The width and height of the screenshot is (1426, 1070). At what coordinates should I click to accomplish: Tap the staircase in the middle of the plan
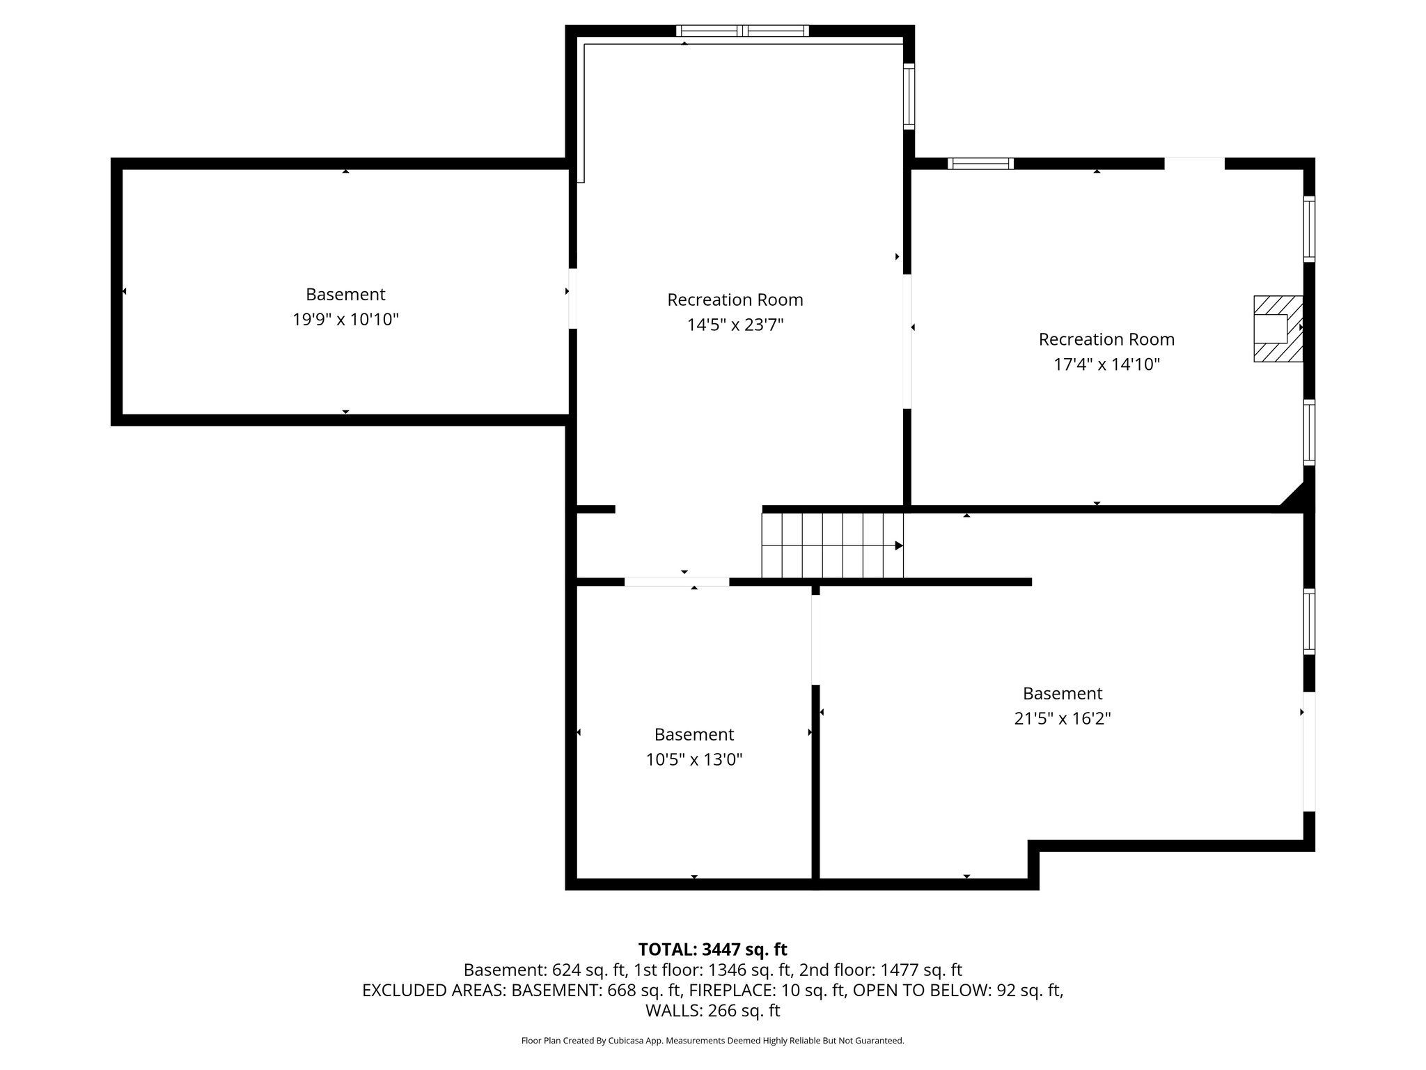click(x=831, y=545)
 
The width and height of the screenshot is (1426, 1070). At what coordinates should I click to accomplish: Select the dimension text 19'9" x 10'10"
click(x=345, y=320)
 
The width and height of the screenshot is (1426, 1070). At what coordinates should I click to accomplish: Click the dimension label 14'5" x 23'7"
click(x=735, y=325)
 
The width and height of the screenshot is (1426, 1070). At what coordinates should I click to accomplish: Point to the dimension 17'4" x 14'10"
click(x=1106, y=364)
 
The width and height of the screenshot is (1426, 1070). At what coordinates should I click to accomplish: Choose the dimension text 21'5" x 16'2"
click(x=1062, y=718)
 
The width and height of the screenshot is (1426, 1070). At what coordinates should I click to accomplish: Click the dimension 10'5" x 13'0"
click(x=694, y=759)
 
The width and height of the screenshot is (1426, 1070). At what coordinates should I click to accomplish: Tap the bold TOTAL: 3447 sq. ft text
click(x=712, y=949)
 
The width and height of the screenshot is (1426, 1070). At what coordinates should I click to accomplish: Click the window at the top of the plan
click(x=742, y=31)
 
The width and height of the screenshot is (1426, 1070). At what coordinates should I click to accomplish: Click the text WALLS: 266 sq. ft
click(x=712, y=1010)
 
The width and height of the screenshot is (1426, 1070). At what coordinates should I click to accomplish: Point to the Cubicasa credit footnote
click(x=712, y=1041)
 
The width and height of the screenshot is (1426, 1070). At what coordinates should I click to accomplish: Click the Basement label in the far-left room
click(x=345, y=294)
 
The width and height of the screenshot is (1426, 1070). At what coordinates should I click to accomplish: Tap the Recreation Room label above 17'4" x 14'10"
click(x=1106, y=339)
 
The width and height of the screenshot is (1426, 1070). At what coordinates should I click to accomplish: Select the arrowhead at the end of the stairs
click(x=899, y=545)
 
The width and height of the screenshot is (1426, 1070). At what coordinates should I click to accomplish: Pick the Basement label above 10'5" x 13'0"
click(x=694, y=734)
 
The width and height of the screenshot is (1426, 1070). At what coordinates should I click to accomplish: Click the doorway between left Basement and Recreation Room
click(x=572, y=298)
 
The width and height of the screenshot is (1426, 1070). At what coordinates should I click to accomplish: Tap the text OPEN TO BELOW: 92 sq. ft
click(x=958, y=990)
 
